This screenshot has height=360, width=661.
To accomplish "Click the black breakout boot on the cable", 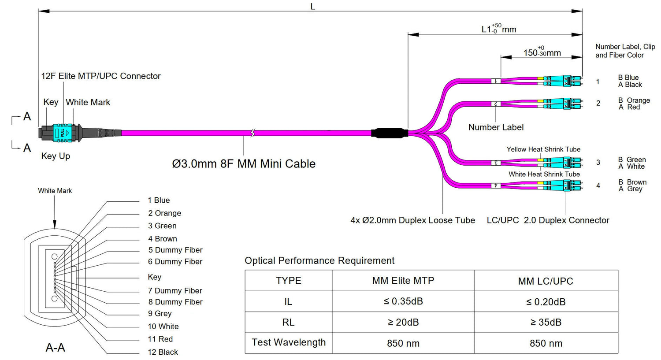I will click(388, 133).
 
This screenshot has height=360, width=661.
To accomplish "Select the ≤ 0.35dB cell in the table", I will click(403, 301).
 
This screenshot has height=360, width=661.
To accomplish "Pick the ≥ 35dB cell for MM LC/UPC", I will click(546, 323).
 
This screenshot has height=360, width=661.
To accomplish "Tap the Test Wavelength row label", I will click(289, 342).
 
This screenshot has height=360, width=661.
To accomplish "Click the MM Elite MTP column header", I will click(403, 281).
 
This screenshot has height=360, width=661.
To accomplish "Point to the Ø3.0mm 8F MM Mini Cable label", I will click(244, 164).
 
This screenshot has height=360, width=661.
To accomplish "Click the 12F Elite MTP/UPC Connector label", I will click(101, 76).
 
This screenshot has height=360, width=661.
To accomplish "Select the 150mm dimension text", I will click(542, 52).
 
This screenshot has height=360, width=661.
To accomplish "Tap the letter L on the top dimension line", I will click(312, 7).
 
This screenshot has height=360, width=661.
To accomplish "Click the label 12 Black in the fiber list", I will click(163, 352).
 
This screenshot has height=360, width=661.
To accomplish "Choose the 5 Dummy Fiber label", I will click(175, 250).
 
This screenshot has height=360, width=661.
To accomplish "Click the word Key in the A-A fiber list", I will click(155, 277).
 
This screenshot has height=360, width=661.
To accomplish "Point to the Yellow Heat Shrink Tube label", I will click(543, 149).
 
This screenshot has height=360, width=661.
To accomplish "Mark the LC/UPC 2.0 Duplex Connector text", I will click(548, 220).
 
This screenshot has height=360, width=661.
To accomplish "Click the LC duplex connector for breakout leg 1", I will click(562, 81).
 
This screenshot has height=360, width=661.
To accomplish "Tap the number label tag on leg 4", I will click(496, 186).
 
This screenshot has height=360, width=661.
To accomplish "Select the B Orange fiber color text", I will click(634, 100).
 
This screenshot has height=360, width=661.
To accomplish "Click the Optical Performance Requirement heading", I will click(319, 261).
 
